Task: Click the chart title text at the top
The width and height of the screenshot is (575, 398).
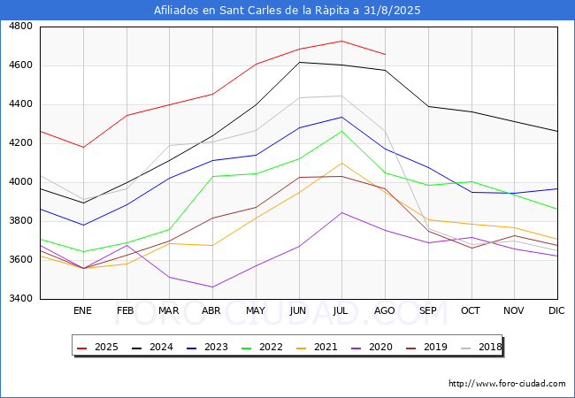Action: (287, 11)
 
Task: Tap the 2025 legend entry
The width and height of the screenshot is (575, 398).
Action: (97, 347)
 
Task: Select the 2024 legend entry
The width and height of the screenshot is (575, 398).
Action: (152, 347)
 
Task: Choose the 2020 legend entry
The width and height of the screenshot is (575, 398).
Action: (372, 347)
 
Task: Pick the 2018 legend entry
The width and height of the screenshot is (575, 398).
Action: (481, 347)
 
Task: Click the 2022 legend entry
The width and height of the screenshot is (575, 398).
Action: (262, 347)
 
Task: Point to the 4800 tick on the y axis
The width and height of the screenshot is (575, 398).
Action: (20, 27)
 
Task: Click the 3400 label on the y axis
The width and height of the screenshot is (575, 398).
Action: (20, 299)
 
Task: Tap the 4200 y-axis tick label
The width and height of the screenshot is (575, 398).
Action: (20, 143)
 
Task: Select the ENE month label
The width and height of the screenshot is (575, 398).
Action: (82, 310)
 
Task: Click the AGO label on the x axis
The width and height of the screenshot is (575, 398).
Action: (384, 310)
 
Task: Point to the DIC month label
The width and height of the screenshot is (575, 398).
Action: (556, 310)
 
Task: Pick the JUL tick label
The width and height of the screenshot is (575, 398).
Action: (341, 310)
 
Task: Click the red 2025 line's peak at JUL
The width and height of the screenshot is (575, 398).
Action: (341, 41)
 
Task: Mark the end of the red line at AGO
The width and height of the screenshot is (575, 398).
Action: (385, 54)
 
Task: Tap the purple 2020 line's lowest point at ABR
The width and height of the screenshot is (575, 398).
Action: (212, 287)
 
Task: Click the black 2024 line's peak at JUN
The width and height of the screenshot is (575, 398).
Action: (299, 62)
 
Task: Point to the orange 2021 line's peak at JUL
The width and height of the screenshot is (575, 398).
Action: (341, 163)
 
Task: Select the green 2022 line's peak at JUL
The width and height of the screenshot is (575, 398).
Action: (341, 131)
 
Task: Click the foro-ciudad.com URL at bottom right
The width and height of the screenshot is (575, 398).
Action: (507, 384)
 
